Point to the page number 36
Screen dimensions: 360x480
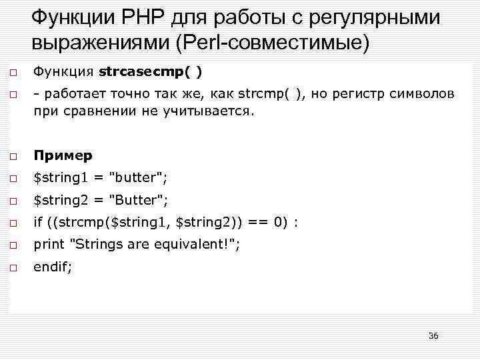click(433, 335)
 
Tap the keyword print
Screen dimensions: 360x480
click(49, 245)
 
